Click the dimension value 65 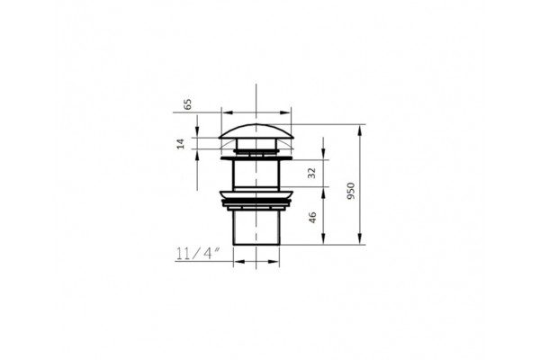tap(188, 104)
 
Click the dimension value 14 tap(181, 144)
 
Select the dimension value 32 tap(311, 173)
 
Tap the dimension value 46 tap(312, 218)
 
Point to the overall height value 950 tap(351, 191)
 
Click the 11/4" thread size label tap(198, 254)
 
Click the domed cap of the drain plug tap(256, 131)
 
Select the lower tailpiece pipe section tap(256, 228)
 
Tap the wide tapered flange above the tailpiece tap(256, 195)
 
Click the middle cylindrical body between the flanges tap(256, 175)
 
